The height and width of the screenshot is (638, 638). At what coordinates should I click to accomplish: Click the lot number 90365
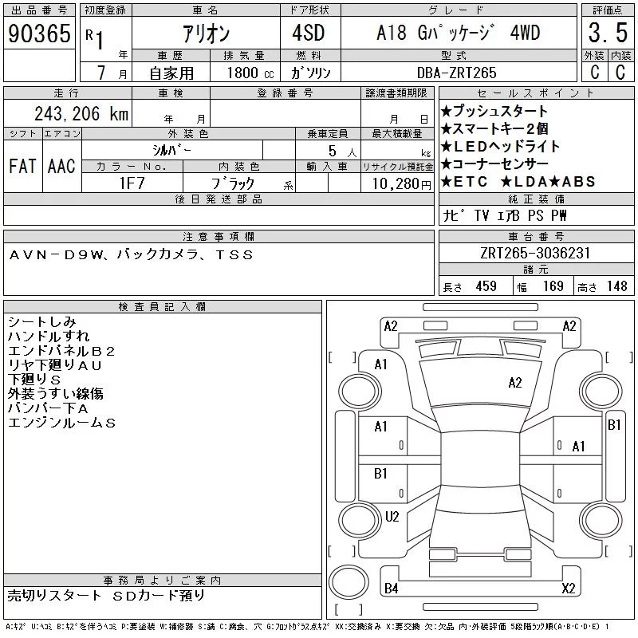point(39,33)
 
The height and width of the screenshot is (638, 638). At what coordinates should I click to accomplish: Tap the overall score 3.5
point(608,33)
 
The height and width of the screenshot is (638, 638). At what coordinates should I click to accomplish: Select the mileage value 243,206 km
point(81,113)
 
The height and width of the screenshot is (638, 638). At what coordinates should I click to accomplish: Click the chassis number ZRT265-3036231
point(535,253)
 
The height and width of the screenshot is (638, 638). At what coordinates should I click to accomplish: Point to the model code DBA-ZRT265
point(456,73)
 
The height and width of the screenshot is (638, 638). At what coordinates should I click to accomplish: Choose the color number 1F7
point(132,183)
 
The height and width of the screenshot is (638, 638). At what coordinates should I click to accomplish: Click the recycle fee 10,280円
point(402,184)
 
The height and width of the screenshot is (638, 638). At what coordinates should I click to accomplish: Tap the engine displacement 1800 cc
point(250,73)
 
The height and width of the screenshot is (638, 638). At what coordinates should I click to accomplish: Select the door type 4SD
point(309,33)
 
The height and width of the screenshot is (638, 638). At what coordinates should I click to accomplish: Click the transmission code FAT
point(22,166)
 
